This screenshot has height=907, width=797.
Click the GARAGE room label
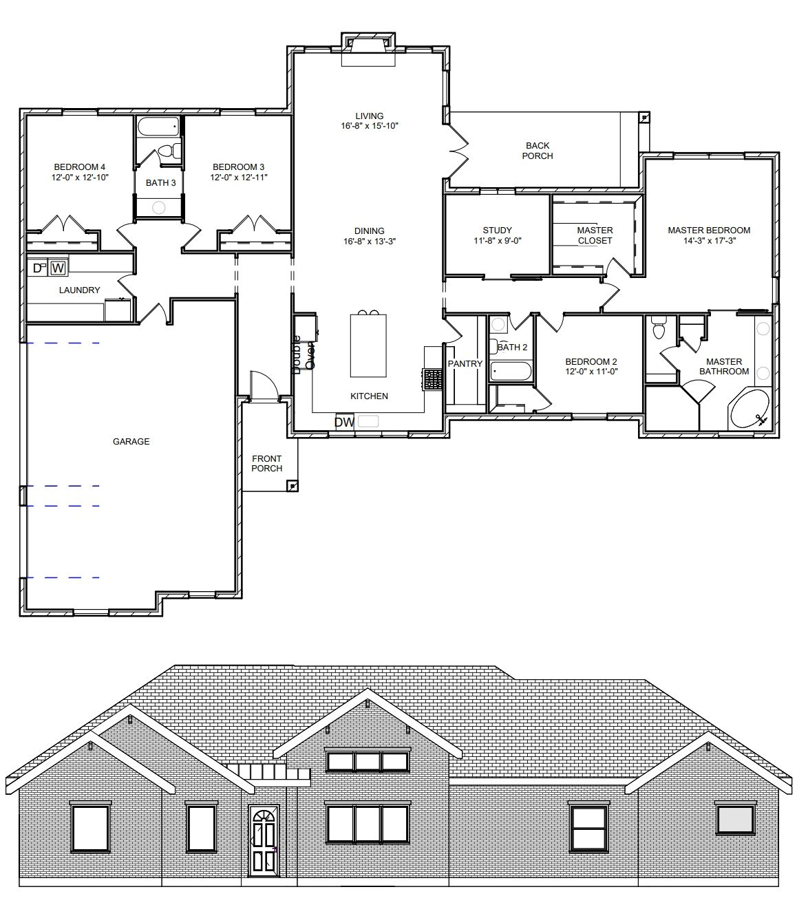click(x=131, y=441)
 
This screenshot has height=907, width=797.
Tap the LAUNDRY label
click(x=79, y=290)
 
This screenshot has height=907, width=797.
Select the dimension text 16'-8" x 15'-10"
click(x=370, y=126)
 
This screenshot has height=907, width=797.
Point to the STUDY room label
click(x=497, y=230)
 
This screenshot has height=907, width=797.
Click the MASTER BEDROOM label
click(x=709, y=230)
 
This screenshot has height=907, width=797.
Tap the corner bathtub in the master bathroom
click(x=749, y=409)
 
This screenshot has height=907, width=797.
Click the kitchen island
click(x=368, y=345)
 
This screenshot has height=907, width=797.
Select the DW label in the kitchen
click(x=344, y=422)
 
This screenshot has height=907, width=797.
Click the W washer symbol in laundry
click(x=58, y=268)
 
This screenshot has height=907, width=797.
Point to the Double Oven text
click(x=303, y=354)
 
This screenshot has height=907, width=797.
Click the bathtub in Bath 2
click(x=511, y=371)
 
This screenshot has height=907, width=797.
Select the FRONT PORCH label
click(x=266, y=463)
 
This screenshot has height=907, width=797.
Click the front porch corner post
click(x=293, y=486)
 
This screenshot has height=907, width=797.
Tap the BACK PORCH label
click(x=538, y=151)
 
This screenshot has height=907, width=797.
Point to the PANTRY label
click(x=465, y=364)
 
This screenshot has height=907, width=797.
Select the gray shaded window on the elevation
click(x=736, y=820)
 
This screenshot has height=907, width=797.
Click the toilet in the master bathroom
click(x=658, y=328)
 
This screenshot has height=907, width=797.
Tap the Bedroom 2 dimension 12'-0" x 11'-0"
click(x=591, y=371)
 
